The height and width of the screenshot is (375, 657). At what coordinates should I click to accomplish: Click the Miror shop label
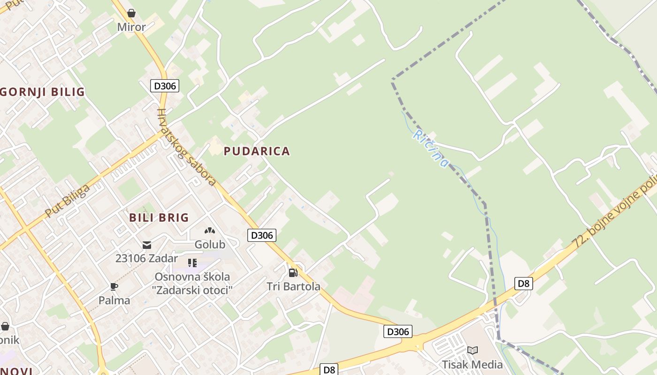click(131, 27)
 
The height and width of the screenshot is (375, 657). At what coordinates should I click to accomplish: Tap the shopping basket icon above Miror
click(131, 13)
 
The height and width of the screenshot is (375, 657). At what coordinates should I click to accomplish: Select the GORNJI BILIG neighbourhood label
click(43, 92)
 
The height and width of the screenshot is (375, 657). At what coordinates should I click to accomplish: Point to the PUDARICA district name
click(257, 151)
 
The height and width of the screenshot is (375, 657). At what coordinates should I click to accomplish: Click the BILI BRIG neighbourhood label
click(159, 217)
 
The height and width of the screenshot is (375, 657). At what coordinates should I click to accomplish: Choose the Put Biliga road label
click(68, 201)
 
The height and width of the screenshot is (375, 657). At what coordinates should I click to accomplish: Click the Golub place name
click(210, 244)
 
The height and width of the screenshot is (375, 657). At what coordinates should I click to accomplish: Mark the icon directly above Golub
click(210, 231)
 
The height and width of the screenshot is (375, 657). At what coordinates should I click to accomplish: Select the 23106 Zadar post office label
click(146, 258)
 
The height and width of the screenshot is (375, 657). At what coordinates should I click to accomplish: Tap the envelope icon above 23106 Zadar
click(147, 245)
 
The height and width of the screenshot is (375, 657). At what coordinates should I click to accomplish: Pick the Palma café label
click(114, 300)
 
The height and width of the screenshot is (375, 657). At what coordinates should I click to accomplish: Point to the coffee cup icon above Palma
click(114, 286)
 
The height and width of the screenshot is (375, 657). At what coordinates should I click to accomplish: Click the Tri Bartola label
click(293, 286)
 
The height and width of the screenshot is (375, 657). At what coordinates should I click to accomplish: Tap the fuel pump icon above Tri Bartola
click(293, 272)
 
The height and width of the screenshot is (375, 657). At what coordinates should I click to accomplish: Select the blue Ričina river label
click(430, 149)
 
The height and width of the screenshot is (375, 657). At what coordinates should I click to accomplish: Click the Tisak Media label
click(472, 364)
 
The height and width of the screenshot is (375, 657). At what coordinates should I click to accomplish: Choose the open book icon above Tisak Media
click(473, 350)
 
